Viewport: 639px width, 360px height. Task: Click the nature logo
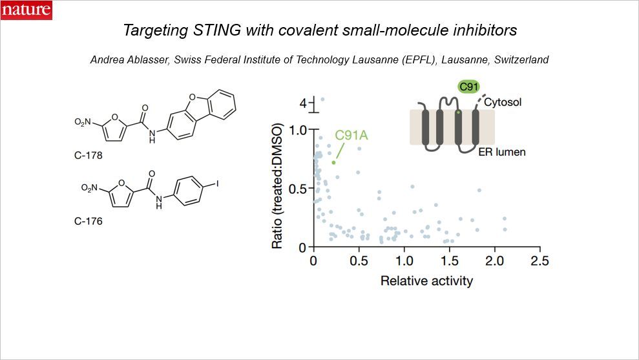pyautogui.click(x=26, y=10)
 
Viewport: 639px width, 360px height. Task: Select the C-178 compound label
pyautogui.click(x=88, y=156)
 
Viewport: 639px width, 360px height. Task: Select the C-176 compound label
pyautogui.click(x=88, y=221)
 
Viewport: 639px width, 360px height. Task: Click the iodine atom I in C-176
pyautogui.click(x=217, y=184)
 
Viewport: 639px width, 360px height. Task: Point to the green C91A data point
pyautogui.click(x=333, y=162)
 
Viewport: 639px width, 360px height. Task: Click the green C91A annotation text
pyautogui.click(x=351, y=136)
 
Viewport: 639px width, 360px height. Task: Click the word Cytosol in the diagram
pyautogui.click(x=503, y=102)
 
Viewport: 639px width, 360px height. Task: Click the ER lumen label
pyautogui.click(x=506, y=153)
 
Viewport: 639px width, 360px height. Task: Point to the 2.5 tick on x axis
pyautogui.click(x=539, y=260)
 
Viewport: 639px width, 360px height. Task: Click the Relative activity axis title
pyautogui.click(x=426, y=281)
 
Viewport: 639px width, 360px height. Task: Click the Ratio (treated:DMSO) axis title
pyautogui.click(x=277, y=188)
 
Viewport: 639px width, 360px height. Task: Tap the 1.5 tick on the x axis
pyautogui.click(x=449, y=260)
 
